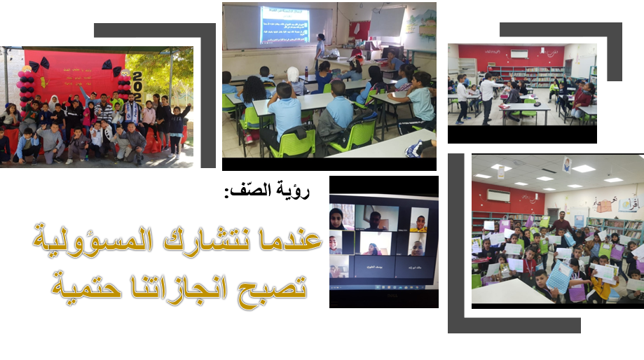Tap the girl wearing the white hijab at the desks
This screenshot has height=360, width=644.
(x=293, y=80)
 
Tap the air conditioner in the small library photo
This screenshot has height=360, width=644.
(x=519, y=54)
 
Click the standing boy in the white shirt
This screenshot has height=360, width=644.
(x=486, y=98)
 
